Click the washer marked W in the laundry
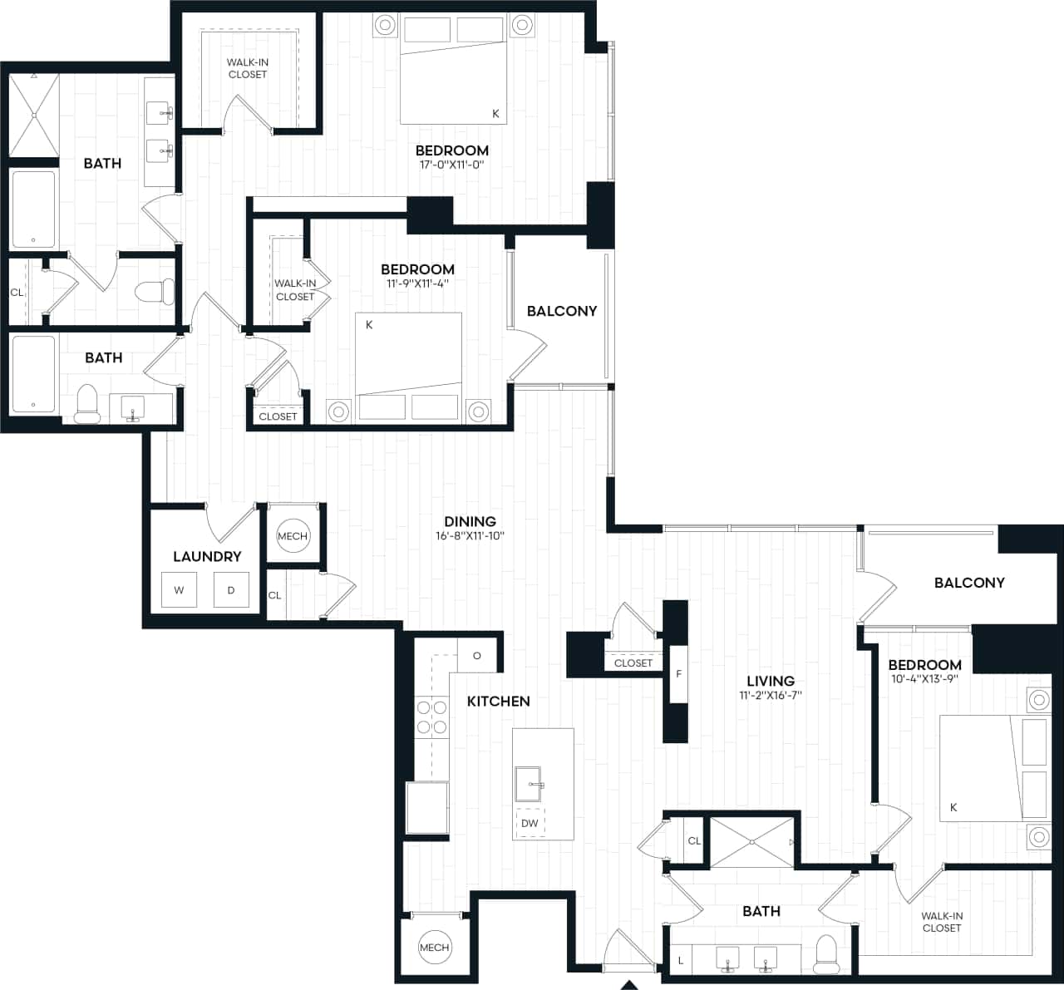coord(179,590)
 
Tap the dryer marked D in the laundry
coord(231,590)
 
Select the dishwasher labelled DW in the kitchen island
coord(530,823)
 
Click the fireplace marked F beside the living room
coord(678,673)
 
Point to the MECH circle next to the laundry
coord(293,536)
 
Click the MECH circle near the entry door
coord(434,947)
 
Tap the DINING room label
coord(470,522)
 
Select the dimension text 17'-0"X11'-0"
coord(452,165)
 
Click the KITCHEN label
coord(498,702)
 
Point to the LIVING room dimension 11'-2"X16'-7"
coord(771,696)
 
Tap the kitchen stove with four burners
coord(431,717)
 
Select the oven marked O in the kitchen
coord(477,655)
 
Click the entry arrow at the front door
coord(629,985)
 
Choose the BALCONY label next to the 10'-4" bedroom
coord(969,583)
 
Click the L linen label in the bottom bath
coord(681,960)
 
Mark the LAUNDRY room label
coord(207,557)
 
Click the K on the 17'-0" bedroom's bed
coord(496,114)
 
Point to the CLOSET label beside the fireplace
coord(633,663)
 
